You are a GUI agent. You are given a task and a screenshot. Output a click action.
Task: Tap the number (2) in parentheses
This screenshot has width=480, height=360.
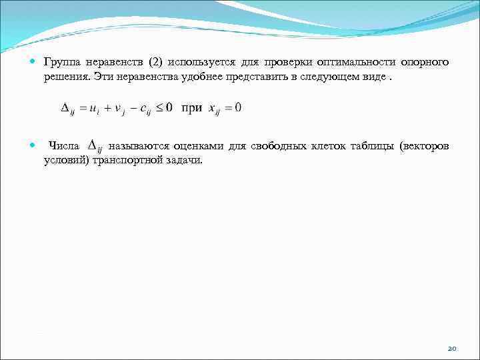[151, 63]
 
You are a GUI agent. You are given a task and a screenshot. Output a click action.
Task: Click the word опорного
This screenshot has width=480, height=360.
[424, 63]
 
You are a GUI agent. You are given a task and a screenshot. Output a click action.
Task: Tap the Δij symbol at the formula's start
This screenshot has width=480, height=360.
[67, 109]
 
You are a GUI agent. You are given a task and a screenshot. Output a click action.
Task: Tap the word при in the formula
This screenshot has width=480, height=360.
[192, 108]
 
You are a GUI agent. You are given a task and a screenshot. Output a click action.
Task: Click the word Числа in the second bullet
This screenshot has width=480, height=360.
[64, 145]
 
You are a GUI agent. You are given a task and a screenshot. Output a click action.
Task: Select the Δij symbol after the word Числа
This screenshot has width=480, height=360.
[95, 146]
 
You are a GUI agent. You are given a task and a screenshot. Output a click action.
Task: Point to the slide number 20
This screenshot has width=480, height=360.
[451, 348]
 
